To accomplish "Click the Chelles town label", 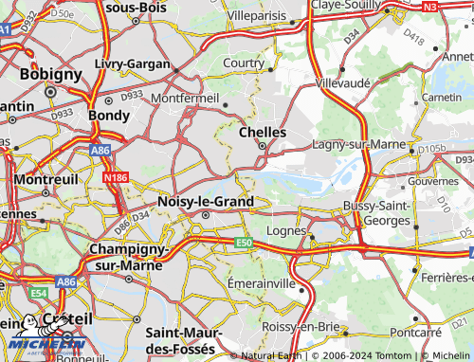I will pos(263,133).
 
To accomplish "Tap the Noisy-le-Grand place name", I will pos(206,202).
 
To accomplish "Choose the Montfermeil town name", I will pos(184,98).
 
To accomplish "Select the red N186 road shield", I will pos(116,176).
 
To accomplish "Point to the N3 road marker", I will pos(457,7).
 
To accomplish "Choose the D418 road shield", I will pos(413,38).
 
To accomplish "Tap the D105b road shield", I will pos(431,149).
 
